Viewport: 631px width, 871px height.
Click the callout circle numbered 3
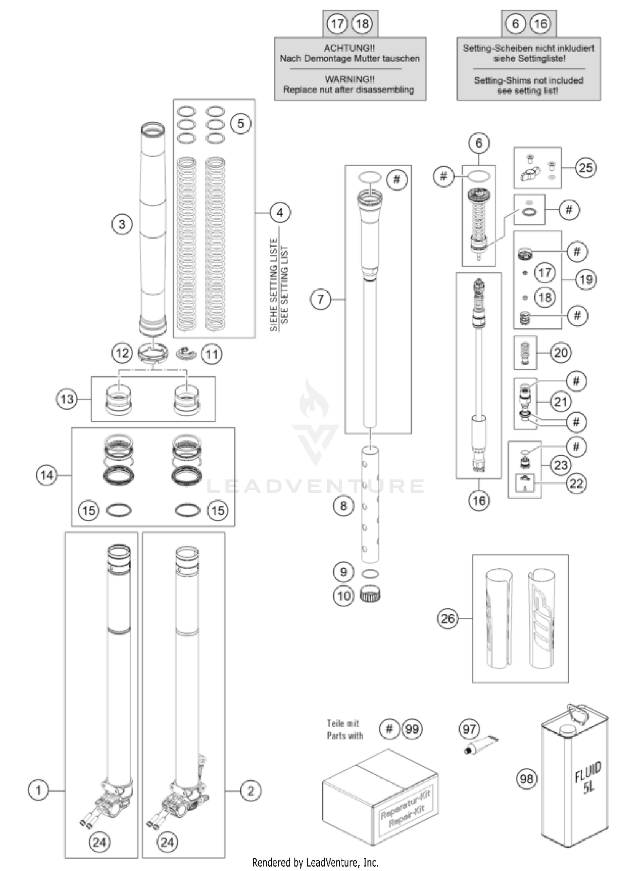point(122,224)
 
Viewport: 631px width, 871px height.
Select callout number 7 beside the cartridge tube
point(321,299)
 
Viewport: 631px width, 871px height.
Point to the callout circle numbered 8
point(343,505)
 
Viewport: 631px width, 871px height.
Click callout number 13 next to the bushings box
point(67,399)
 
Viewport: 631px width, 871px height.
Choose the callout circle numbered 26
point(448,618)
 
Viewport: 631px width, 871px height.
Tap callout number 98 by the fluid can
point(527,779)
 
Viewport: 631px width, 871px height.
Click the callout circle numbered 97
point(469,729)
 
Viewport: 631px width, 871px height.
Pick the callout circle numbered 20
point(561,352)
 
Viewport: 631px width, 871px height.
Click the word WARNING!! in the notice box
point(349,79)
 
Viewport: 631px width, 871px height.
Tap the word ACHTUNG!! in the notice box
point(349,48)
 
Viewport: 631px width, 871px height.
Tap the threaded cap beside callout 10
point(371,594)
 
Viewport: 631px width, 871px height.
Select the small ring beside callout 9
point(370,573)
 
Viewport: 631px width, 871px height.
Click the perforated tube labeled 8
point(370,504)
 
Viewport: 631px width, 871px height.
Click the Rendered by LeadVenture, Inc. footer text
point(315,863)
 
